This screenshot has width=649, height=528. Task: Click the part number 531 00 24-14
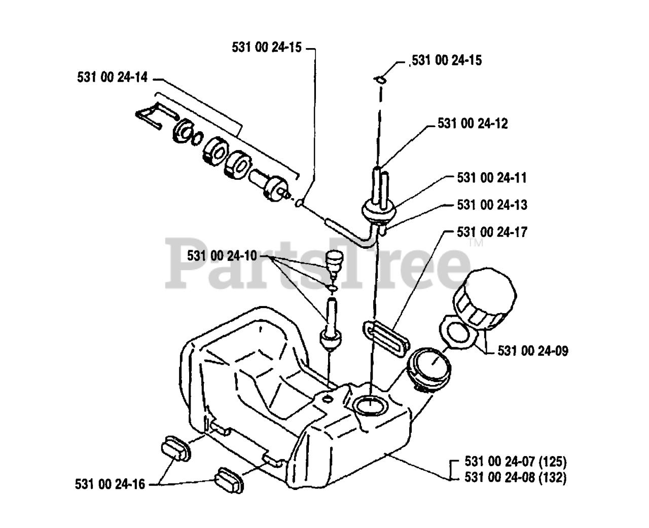112,78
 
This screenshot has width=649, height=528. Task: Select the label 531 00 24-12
473,124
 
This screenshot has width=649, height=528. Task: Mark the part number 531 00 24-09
533,351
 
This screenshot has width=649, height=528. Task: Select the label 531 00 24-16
110,484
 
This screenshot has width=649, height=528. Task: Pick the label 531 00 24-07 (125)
515,462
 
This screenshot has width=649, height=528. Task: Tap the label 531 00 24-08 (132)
515,477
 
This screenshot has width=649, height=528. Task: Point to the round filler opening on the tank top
370,405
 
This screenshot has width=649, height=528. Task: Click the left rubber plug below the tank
175,450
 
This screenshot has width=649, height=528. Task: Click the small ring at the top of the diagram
380,79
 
